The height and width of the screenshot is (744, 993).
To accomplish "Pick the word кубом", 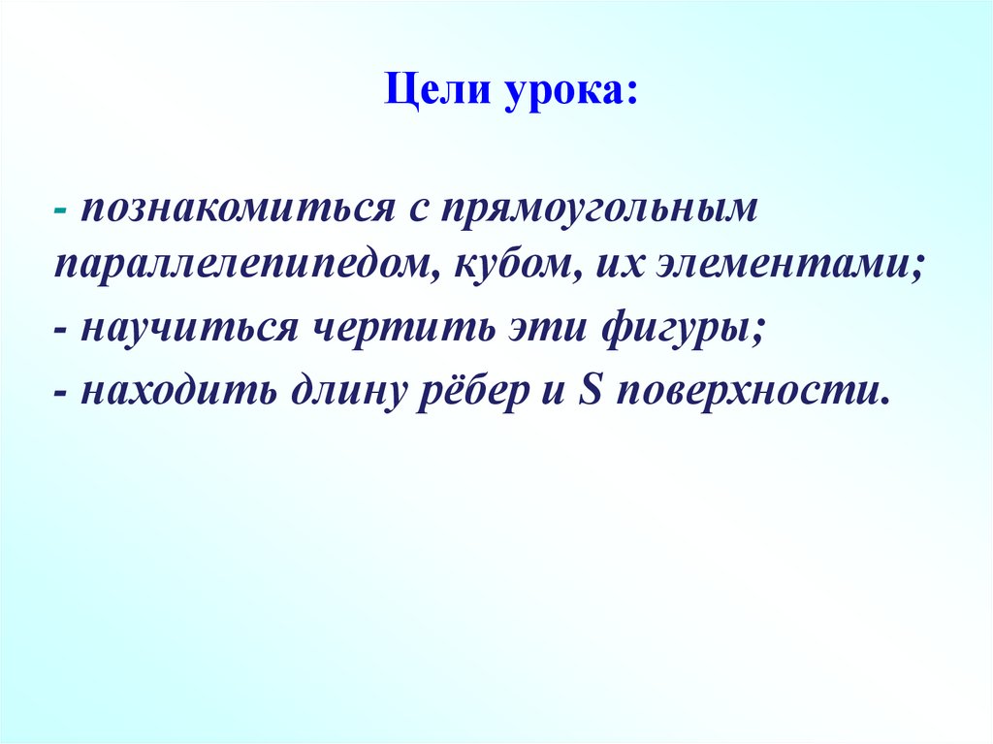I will tap(510, 265).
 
